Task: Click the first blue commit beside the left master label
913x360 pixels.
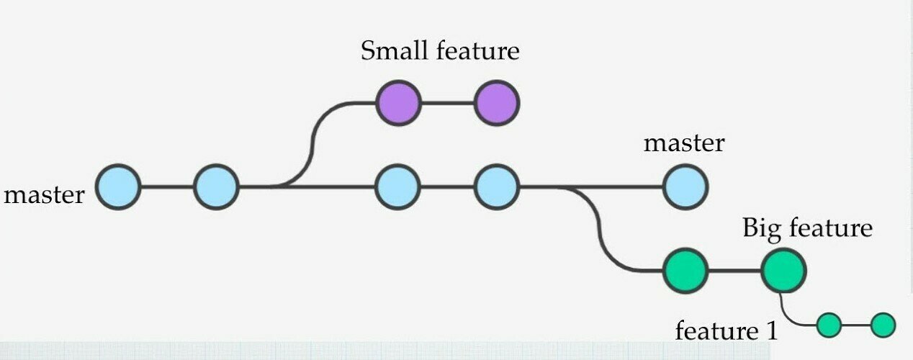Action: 118,187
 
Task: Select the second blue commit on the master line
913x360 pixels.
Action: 216,187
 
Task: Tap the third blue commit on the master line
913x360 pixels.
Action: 397,187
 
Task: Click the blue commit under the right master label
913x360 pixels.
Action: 685,187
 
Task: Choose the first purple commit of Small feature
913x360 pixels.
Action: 397,103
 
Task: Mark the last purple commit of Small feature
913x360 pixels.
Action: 497,103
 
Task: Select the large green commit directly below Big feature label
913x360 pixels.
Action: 783,271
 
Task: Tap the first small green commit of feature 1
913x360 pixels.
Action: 829,325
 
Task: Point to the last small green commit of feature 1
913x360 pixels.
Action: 883,325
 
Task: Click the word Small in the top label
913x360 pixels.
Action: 389,51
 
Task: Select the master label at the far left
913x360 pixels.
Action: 44,194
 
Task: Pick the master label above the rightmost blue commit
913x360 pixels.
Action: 683,143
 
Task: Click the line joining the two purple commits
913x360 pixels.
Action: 447,103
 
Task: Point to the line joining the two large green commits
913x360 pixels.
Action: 734,271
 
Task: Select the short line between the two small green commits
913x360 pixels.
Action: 856,325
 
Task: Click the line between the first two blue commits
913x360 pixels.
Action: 167,187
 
